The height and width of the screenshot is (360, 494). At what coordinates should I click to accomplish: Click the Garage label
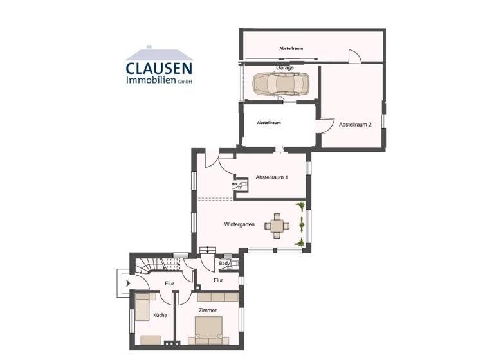[285, 67]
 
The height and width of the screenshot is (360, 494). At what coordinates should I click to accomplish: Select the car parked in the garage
[280, 83]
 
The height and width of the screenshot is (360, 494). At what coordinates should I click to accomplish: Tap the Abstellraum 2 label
[355, 125]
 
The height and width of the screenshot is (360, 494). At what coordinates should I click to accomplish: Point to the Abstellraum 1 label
[272, 177]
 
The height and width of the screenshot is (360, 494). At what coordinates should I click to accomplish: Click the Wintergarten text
[239, 225]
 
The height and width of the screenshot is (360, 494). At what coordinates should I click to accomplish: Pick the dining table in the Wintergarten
[277, 226]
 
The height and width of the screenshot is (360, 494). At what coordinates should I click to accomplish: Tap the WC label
[235, 184]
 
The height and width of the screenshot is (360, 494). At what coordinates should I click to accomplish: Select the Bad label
[223, 263]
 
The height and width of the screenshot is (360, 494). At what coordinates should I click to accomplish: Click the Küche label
[160, 315]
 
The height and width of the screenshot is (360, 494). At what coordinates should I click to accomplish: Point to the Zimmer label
[208, 311]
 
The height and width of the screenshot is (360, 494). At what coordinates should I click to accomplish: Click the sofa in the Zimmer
[217, 297]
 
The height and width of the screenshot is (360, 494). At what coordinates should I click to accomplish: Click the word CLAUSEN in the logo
[159, 68]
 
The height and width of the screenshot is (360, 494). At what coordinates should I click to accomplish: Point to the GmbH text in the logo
[185, 82]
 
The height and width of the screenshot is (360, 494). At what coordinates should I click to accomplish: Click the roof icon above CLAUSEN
[159, 53]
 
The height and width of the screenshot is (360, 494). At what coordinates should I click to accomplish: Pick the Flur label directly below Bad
[218, 280]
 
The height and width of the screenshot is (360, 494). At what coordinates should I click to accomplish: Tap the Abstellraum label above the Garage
[291, 49]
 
